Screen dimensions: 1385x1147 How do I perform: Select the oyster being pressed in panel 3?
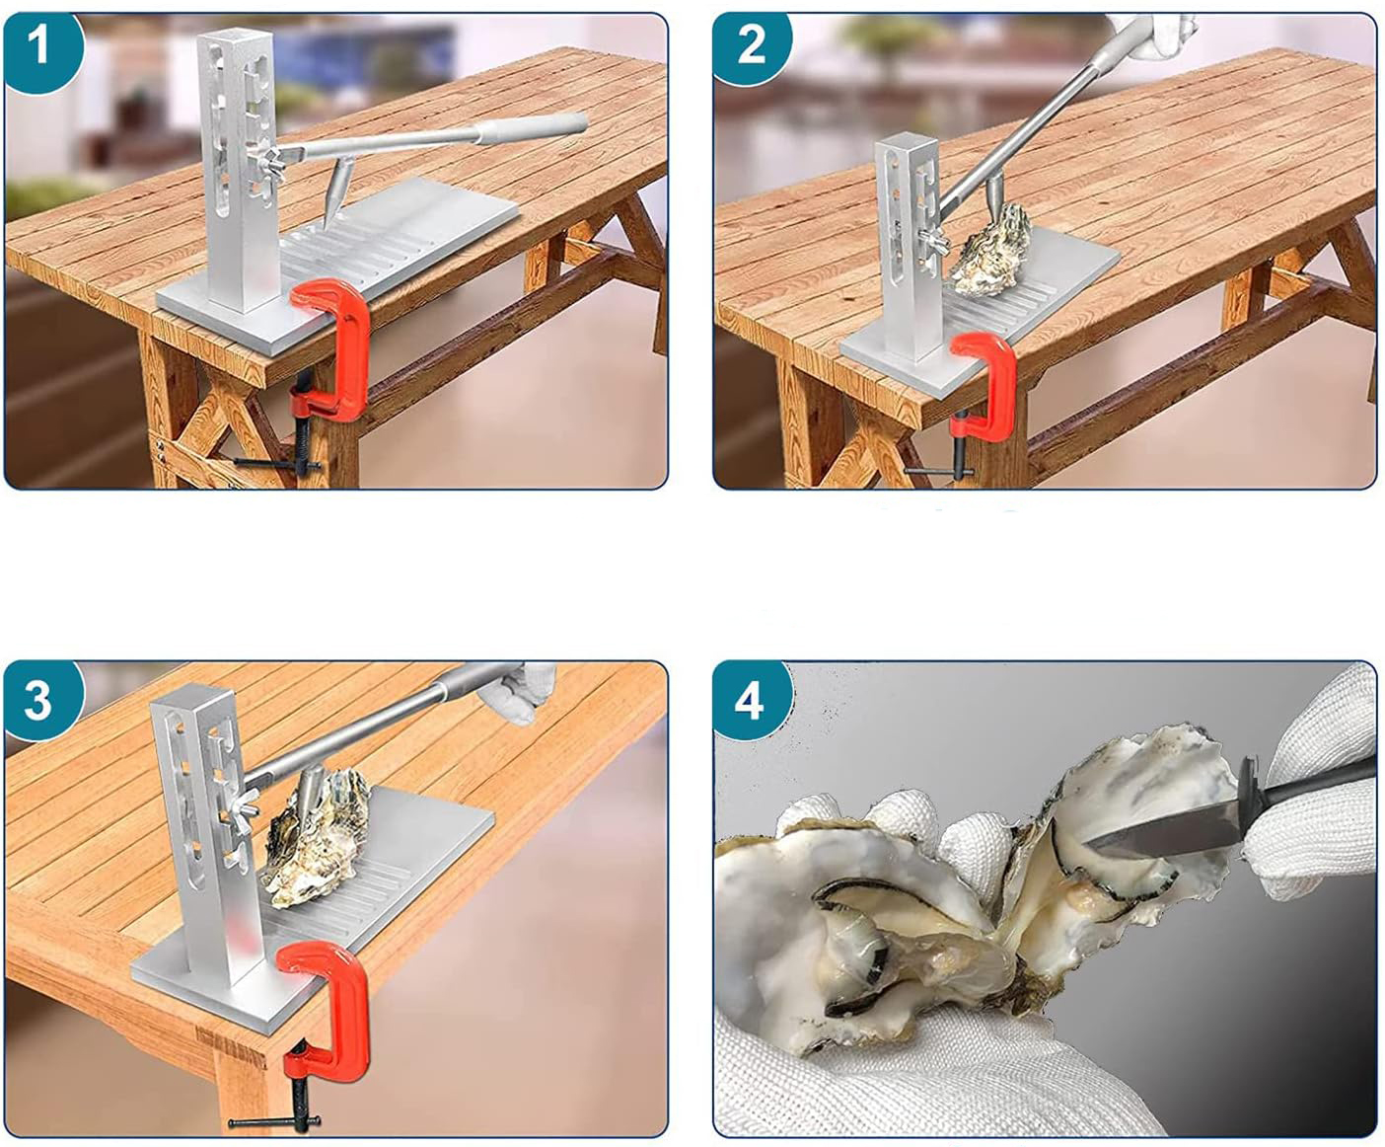click(x=317, y=840)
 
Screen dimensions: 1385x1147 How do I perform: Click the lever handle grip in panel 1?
click(x=533, y=128)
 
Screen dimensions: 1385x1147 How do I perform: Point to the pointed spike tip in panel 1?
click(x=328, y=224)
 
